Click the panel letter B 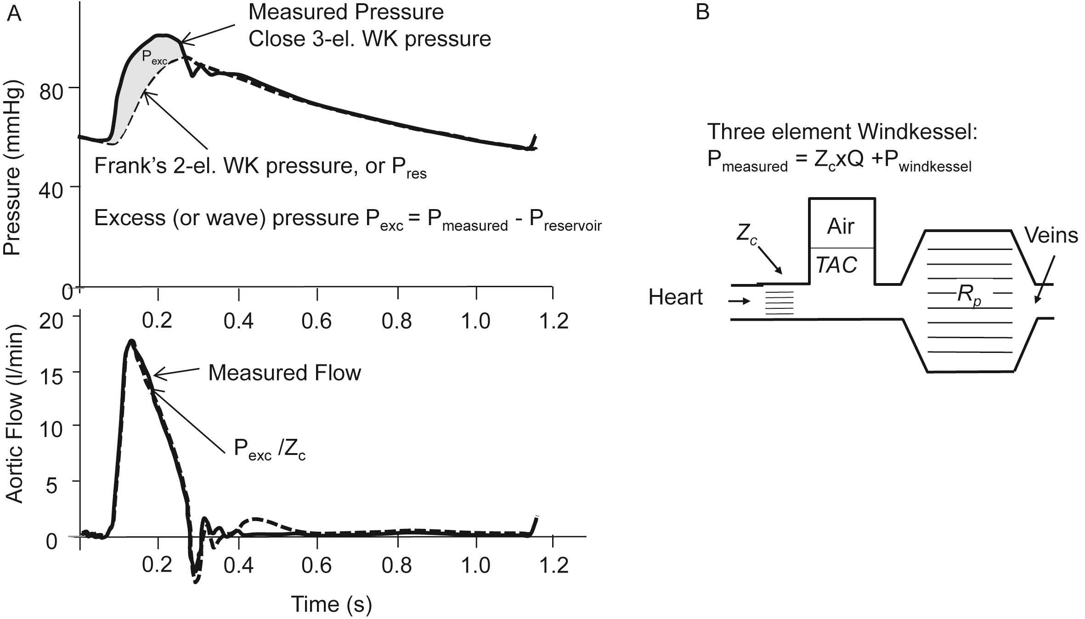click(703, 11)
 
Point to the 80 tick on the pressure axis click(52, 92)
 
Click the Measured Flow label click(285, 373)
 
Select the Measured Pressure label click(346, 12)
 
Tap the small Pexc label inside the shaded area click(154, 57)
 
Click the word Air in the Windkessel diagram click(841, 226)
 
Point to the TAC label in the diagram click(836, 265)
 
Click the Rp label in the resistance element click(969, 295)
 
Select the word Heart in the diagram click(675, 297)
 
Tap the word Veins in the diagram click(1051, 236)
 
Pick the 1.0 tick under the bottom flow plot click(476, 564)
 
